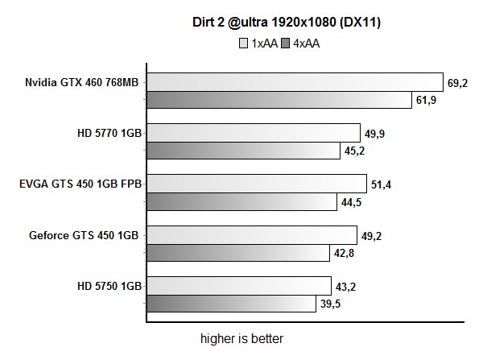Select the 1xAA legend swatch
244,43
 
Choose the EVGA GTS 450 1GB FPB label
80,184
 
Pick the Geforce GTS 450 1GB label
85,235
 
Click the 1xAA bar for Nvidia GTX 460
295,82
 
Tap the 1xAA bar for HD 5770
253,133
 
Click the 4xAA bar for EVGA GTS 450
242,201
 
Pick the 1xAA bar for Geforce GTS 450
251,234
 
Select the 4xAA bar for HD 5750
231,304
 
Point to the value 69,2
458,82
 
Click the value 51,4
381,184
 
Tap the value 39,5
330,304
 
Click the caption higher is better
242,338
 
